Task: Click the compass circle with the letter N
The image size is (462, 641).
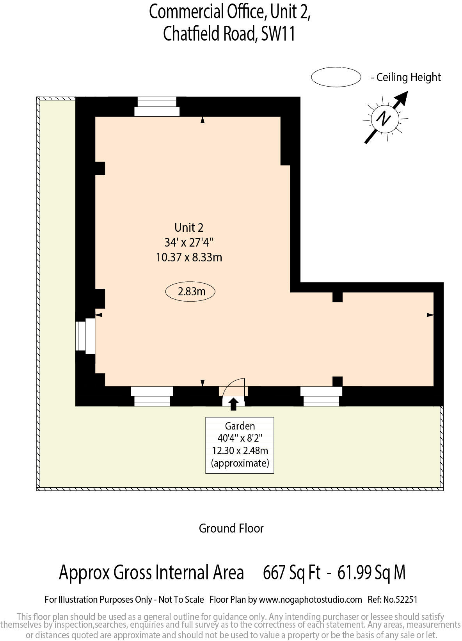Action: [x=385, y=118]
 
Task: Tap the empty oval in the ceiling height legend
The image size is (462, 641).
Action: [x=336, y=77]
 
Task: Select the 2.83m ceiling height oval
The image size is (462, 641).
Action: [x=190, y=291]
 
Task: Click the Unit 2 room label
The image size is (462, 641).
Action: [x=189, y=227]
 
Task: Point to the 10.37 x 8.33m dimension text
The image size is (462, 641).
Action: [x=189, y=257]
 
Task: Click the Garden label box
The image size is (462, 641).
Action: [x=240, y=445]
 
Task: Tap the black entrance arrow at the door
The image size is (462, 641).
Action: [x=233, y=404]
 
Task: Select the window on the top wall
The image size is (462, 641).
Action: [x=157, y=107]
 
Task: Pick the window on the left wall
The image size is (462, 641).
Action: [x=85, y=336]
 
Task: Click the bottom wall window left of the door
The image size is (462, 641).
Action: [x=152, y=396]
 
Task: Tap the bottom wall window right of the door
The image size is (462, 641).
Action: [x=321, y=396]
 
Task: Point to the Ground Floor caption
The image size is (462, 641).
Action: [x=231, y=528]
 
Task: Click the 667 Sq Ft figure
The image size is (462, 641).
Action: [x=291, y=573]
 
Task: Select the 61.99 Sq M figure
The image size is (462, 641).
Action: [x=371, y=573]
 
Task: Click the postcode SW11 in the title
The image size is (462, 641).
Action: [x=278, y=34]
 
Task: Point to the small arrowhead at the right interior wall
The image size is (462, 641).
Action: [x=430, y=315]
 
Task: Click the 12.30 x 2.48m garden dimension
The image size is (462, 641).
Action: [x=240, y=451]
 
